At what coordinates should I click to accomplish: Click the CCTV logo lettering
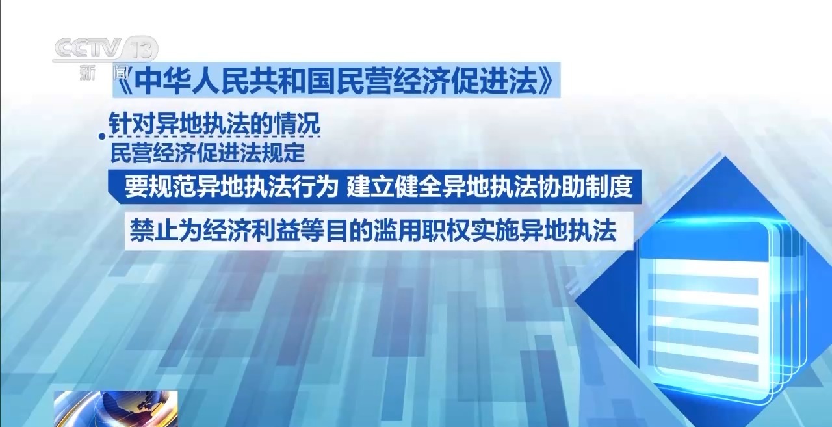tap(88, 48)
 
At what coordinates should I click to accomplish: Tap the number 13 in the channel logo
tap(140, 49)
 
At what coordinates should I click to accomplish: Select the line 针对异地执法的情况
tap(214, 123)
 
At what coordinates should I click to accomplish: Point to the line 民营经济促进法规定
tap(207, 153)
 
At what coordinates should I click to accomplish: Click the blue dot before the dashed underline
tap(102, 136)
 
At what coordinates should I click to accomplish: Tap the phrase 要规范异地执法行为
tap(231, 187)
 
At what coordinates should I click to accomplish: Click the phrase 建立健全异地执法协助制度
tap(490, 187)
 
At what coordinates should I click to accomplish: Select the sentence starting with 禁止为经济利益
tap(373, 231)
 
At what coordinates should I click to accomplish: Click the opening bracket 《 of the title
tap(123, 81)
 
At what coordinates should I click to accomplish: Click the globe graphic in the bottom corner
tap(116, 408)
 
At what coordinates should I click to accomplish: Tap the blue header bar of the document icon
tap(703, 240)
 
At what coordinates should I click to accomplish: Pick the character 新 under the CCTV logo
tap(88, 72)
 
